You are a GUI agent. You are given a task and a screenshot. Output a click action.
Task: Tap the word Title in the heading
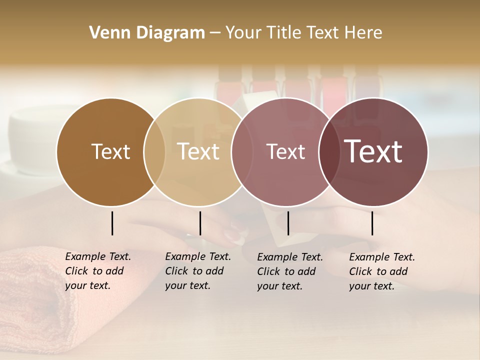pyautogui.click(x=286, y=32)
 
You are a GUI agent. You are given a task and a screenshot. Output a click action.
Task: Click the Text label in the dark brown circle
pyautogui.click(x=110, y=151)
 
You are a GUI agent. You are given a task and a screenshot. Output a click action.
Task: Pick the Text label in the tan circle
pyautogui.click(x=198, y=151)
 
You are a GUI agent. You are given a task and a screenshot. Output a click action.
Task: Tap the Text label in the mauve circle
pyautogui.click(x=285, y=151)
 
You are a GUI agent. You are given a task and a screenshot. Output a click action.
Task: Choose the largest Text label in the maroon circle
pyautogui.click(x=373, y=151)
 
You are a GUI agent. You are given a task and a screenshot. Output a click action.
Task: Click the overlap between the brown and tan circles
pyautogui.click(x=154, y=151)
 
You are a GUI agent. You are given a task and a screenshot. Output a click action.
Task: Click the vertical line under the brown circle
pyautogui.click(x=112, y=223)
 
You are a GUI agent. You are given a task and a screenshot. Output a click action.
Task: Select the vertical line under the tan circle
pyautogui.click(x=200, y=223)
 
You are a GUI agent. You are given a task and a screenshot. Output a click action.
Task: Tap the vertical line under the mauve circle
pyautogui.click(x=288, y=223)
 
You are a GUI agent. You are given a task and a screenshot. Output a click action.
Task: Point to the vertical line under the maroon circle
pyautogui.click(x=372, y=223)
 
